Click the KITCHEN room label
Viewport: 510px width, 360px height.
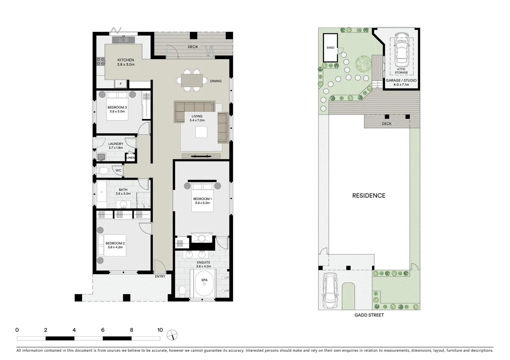125,60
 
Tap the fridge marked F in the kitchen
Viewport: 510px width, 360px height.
120,84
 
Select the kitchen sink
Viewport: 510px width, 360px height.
122,40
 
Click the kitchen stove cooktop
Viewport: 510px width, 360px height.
100,61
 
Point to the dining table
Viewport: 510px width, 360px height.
192,80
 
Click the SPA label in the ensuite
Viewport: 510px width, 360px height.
204,280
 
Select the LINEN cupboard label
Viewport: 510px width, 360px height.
130,158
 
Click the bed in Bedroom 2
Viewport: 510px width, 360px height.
111,245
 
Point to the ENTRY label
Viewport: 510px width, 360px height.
160,276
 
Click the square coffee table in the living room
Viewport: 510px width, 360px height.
201,132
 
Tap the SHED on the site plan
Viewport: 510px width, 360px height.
330,48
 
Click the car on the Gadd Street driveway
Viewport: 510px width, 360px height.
330,290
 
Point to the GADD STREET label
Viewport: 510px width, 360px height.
369,315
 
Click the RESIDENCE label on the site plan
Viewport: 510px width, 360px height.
369,196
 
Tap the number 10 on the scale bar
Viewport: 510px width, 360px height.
160,330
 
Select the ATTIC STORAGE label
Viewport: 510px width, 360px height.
401,71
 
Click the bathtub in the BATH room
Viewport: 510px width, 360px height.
101,191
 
